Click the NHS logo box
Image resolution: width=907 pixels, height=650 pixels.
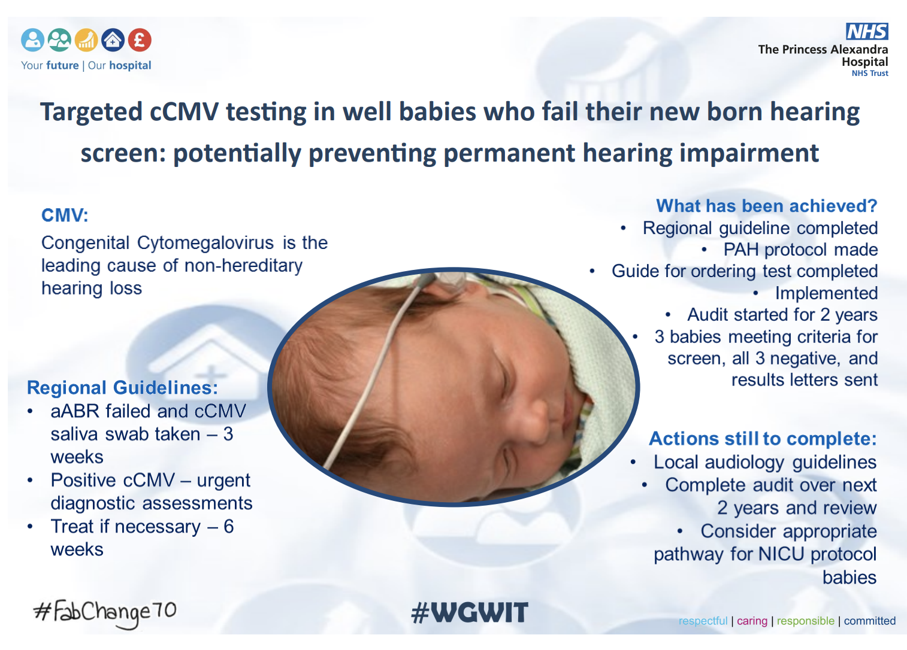pyautogui.click(x=867, y=31)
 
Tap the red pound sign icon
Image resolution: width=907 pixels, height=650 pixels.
pyautogui.click(x=140, y=40)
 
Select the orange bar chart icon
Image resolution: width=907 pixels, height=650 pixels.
pyautogui.click(x=86, y=40)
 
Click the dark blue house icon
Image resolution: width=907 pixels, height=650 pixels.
pyautogui.click(x=113, y=40)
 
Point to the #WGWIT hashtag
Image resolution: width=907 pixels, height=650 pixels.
pyautogui.click(x=470, y=612)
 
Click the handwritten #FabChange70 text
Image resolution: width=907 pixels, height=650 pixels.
pyautogui.click(x=105, y=612)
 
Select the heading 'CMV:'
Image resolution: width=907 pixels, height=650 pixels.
pyautogui.click(x=65, y=215)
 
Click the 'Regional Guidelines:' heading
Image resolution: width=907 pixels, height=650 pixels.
pyautogui.click(x=122, y=388)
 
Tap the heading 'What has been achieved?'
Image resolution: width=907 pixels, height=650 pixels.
pyautogui.click(x=766, y=206)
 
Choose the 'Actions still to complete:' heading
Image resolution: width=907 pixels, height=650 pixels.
pyautogui.click(x=763, y=439)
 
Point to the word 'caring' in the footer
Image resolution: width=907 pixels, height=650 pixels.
pyautogui.click(x=752, y=621)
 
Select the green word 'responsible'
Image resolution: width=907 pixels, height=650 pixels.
pyautogui.click(x=805, y=621)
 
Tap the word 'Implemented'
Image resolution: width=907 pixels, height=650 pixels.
pyautogui.click(x=826, y=293)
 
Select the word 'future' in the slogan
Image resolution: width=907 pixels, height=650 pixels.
pyautogui.click(x=62, y=66)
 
